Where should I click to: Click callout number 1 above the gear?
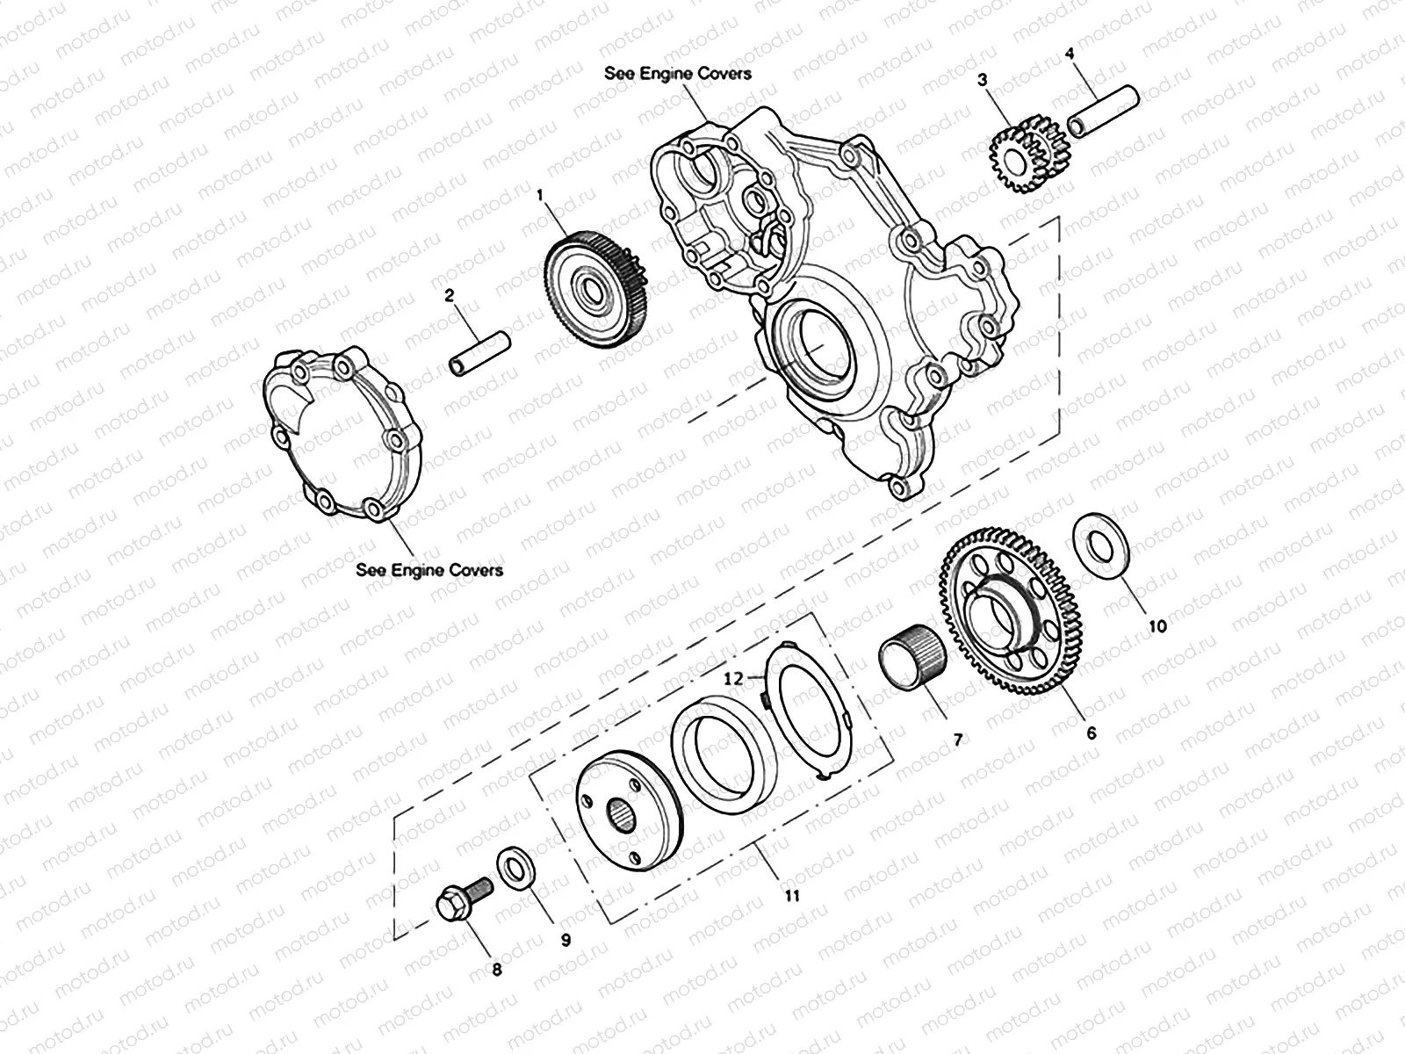pos(542,197)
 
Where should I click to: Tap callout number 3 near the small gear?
pos(983,80)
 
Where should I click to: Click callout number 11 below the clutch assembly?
pos(791,896)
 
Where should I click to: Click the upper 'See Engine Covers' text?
pos(677,73)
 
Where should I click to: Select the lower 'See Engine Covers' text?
pos(429,569)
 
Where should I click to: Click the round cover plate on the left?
pos(342,430)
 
